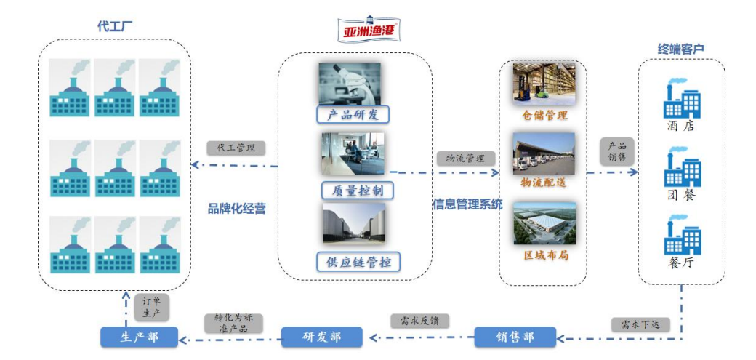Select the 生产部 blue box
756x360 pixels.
[x=140, y=337]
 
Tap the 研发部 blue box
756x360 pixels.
[x=321, y=337]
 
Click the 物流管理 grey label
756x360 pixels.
[x=466, y=158]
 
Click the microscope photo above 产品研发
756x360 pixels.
[x=349, y=83]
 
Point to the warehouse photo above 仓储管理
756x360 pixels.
[x=544, y=83]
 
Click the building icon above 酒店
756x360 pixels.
[x=682, y=100]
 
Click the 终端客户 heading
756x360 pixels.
[x=681, y=49]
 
